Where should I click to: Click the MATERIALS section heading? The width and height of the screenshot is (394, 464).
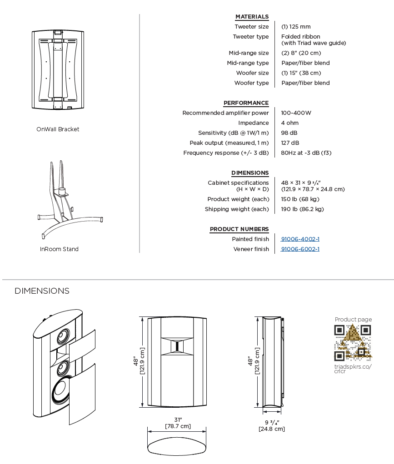[x=252, y=17]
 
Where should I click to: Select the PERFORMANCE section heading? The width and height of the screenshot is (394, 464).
[x=246, y=103]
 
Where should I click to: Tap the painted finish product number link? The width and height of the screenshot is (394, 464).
[x=300, y=239]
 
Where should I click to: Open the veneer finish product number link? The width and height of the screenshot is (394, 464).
[x=300, y=249]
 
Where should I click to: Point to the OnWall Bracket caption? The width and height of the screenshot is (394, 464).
[x=58, y=129]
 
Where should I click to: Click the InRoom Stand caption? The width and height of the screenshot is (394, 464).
[x=59, y=249]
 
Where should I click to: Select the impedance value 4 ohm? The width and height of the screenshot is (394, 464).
[x=289, y=123]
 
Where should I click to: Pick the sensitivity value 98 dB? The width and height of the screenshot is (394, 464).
[x=289, y=133]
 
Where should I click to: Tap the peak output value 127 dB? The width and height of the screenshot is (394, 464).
[x=290, y=143]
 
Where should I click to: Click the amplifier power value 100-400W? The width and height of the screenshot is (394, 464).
[x=296, y=113]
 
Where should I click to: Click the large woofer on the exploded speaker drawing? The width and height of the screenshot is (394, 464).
[x=61, y=392]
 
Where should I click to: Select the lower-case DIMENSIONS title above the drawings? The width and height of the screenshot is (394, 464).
[x=42, y=291]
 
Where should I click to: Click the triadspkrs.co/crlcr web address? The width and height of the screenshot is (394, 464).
[x=353, y=369]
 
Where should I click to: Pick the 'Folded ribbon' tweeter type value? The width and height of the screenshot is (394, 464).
[x=300, y=37]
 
